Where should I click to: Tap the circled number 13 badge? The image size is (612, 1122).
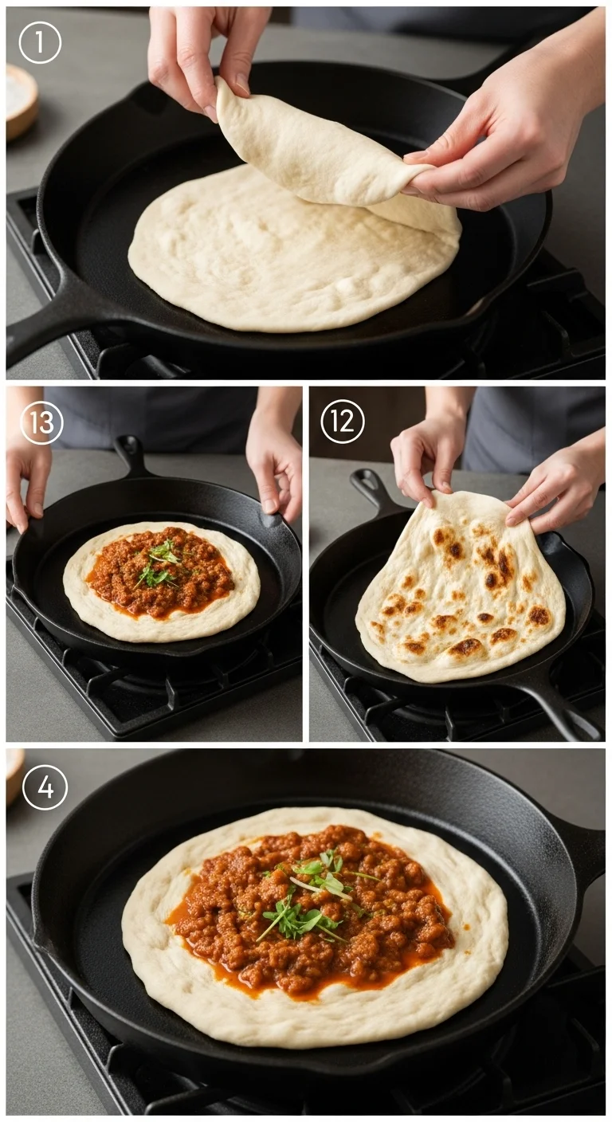point(42,422)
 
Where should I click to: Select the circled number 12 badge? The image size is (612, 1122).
point(343,422)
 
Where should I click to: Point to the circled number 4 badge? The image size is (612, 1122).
point(45,788)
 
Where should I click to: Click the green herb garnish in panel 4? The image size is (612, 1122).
point(311,896)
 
